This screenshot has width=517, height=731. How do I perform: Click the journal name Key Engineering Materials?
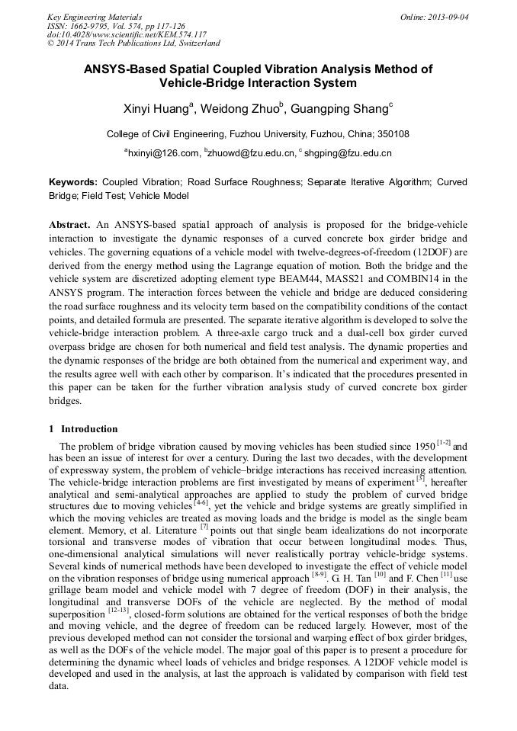click(95, 17)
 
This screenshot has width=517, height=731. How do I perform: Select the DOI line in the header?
click(127, 34)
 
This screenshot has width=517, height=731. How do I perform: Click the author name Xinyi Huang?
click(156, 109)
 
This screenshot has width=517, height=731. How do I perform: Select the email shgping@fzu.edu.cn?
click(348, 153)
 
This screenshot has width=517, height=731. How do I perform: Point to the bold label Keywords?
click(73, 183)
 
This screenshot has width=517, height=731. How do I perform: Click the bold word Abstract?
click(70, 226)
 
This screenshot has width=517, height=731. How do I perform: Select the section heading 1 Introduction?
click(83, 429)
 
